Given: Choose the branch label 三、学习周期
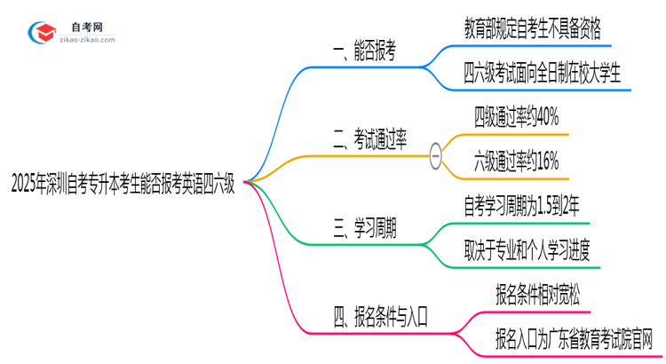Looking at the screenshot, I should [x=365, y=229].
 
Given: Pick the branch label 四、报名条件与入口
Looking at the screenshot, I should [x=381, y=316].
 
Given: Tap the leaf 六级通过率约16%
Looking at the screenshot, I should [x=517, y=162].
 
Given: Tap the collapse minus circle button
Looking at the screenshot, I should [x=435, y=155].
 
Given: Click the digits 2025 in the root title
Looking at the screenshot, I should [x=26, y=185].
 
